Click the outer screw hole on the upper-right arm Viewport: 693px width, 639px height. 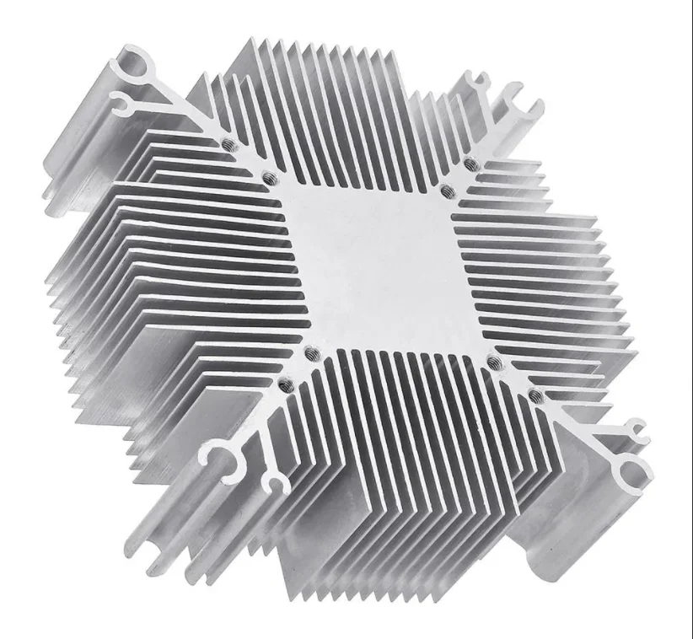(469, 160)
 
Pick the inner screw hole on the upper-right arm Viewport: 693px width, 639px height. (444, 191)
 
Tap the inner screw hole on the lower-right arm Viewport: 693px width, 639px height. (495, 362)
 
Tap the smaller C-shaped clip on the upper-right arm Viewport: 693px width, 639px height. (478, 83)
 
